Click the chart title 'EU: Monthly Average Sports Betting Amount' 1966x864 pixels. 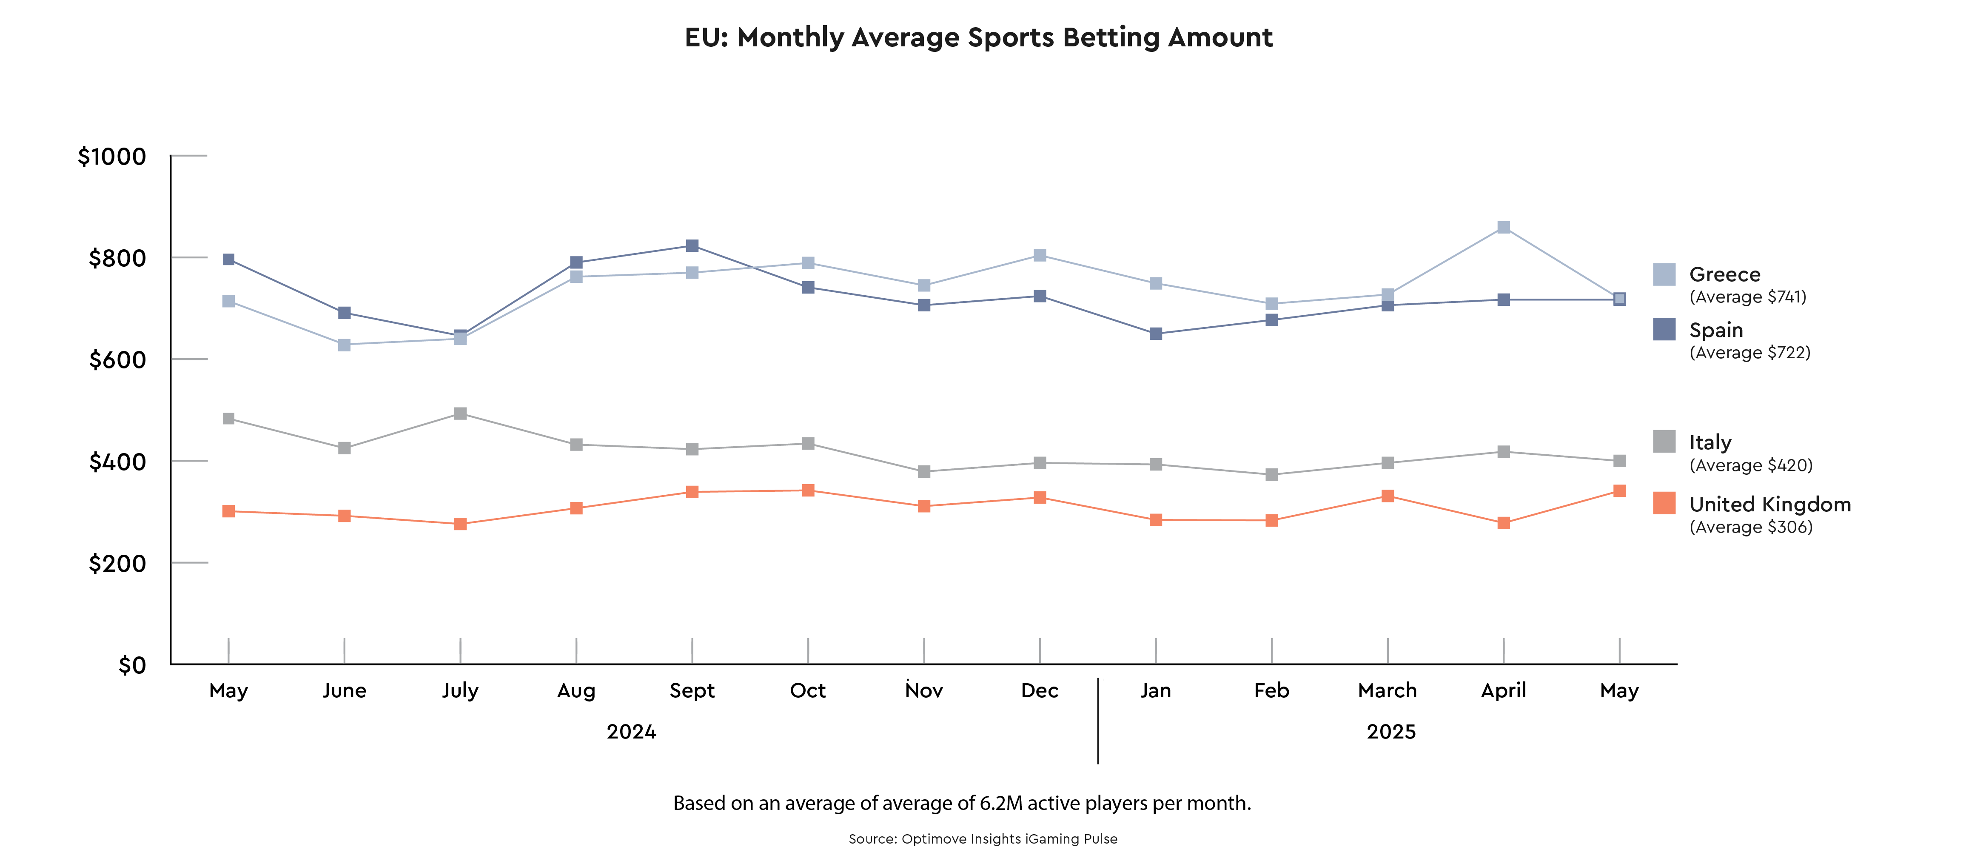pos(978,37)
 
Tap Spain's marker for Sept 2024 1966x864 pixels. pos(692,246)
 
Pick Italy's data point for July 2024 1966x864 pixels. pos(460,413)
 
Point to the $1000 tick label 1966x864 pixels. pos(112,157)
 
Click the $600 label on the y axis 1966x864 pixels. pos(117,359)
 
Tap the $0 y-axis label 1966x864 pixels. pos(132,665)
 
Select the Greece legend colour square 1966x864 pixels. pos(1664,274)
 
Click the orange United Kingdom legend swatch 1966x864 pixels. pos(1664,503)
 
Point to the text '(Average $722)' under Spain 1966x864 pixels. pos(1749,353)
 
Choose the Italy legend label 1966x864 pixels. pos(1710,443)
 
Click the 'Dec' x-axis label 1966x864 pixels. pos(1040,691)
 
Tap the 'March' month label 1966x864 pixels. pos(1387,691)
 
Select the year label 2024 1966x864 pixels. pos(631,732)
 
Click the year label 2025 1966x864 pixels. pos(1390,732)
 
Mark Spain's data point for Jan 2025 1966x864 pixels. pos(1156,334)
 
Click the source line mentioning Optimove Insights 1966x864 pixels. pos(982,839)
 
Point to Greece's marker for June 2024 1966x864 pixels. pos(344,345)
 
